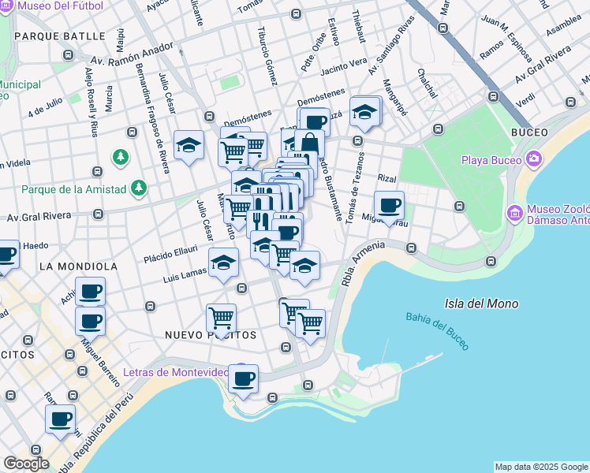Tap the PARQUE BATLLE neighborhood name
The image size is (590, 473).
coord(59,36)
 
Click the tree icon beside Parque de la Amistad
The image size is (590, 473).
coord(139,188)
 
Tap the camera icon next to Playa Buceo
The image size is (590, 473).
coord(536,160)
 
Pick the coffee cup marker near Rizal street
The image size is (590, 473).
coord(389,207)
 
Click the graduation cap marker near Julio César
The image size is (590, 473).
coord(189,145)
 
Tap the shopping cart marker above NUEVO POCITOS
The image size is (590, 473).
coord(222,318)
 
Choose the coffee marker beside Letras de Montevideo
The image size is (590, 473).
coord(243,378)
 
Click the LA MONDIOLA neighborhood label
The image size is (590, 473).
coord(78,266)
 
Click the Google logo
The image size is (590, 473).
coord(26,464)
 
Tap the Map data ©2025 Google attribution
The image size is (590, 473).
coord(540,467)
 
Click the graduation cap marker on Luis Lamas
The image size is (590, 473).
coord(223,263)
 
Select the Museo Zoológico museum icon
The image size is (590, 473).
coord(515,212)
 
